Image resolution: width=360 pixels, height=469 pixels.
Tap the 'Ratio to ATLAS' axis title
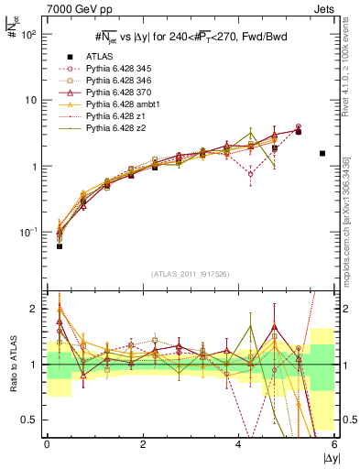pyautogui.click(x=11, y=364)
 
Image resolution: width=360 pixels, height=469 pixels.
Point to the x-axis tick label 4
pyautogui.click(x=239, y=443)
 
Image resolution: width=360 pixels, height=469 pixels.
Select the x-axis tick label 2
pyautogui.click(x=143, y=443)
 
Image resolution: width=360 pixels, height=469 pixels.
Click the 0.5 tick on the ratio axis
pyautogui.click(x=32, y=420)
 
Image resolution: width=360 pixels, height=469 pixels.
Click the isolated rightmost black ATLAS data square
pyautogui.click(x=322, y=154)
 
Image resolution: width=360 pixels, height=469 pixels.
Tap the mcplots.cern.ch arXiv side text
pyautogui.click(x=347, y=220)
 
